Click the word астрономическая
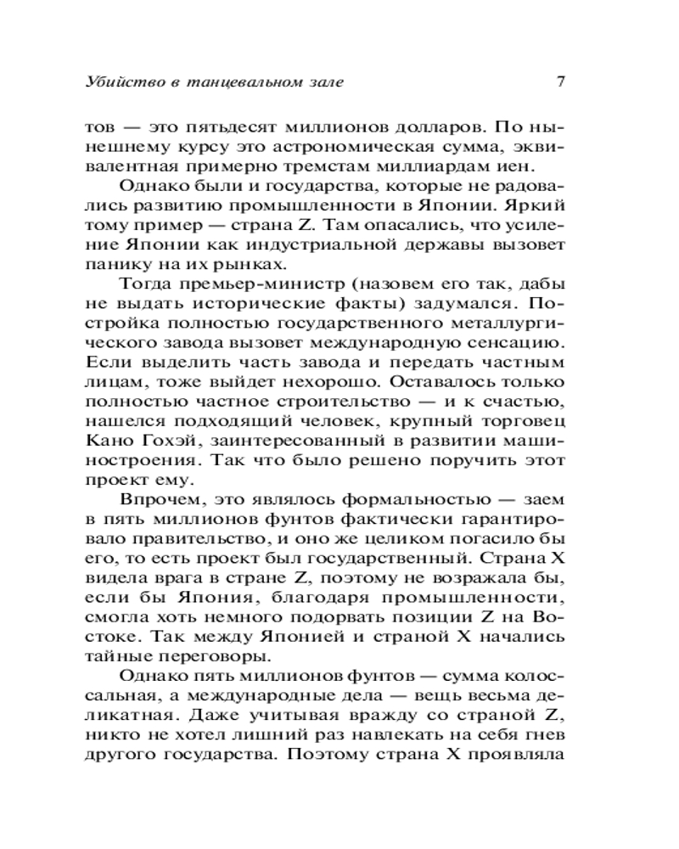point(312,149)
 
